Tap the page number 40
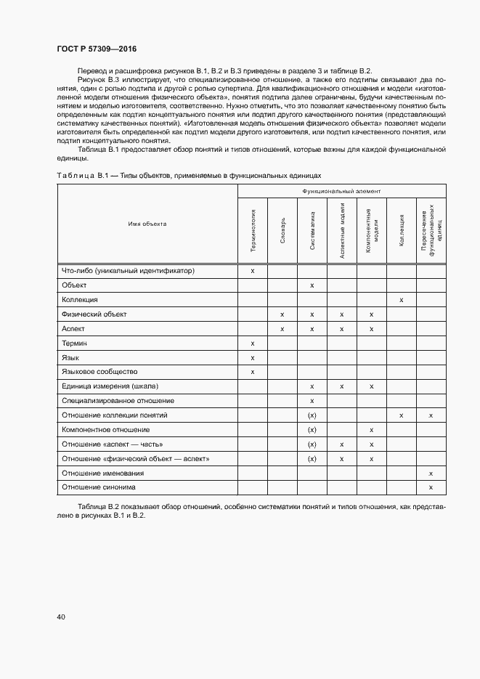[61, 617]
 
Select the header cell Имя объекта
[147, 224]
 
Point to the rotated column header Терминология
[253, 230]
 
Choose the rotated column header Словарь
[282, 230]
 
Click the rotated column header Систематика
[312, 230]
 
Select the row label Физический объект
[94, 314]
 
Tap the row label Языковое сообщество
[99, 372]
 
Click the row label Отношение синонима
[98, 487]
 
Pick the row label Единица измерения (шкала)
[110, 386]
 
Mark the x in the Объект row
[312, 285]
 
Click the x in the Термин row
[253, 343]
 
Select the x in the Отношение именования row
[431, 473]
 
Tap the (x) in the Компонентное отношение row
[312, 430]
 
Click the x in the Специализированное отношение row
[312, 401]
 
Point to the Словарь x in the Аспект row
[282, 329]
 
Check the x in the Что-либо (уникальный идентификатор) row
[253, 271]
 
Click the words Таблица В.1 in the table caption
[82, 176]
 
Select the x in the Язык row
[253, 357]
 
